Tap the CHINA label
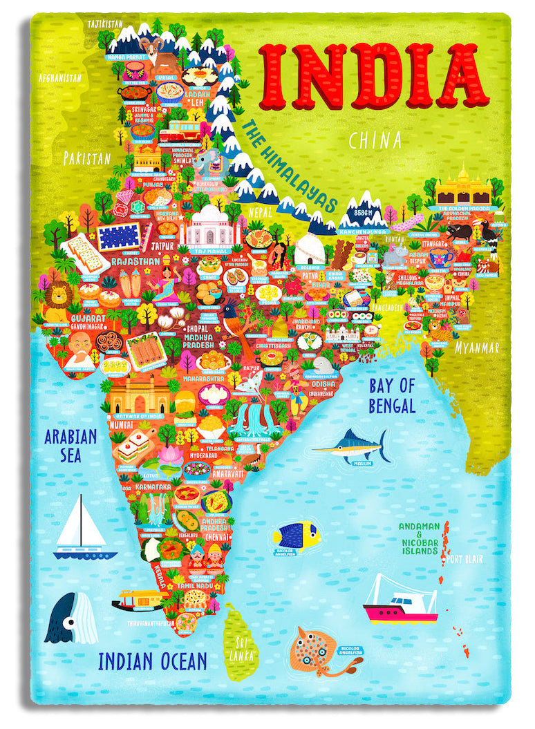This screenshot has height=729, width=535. click(375, 141)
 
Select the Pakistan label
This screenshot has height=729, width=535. click(87, 158)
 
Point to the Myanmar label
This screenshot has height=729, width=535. click(476, 348)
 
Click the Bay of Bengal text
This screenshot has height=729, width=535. click(392, 396)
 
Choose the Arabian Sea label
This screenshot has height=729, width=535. click(71, 446)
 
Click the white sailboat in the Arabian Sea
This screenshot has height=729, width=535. click(84, 527)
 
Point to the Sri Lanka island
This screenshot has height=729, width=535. click(241, 640)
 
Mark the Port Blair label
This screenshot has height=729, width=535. click(464, 559)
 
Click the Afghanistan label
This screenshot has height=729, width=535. click(60, 78)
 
